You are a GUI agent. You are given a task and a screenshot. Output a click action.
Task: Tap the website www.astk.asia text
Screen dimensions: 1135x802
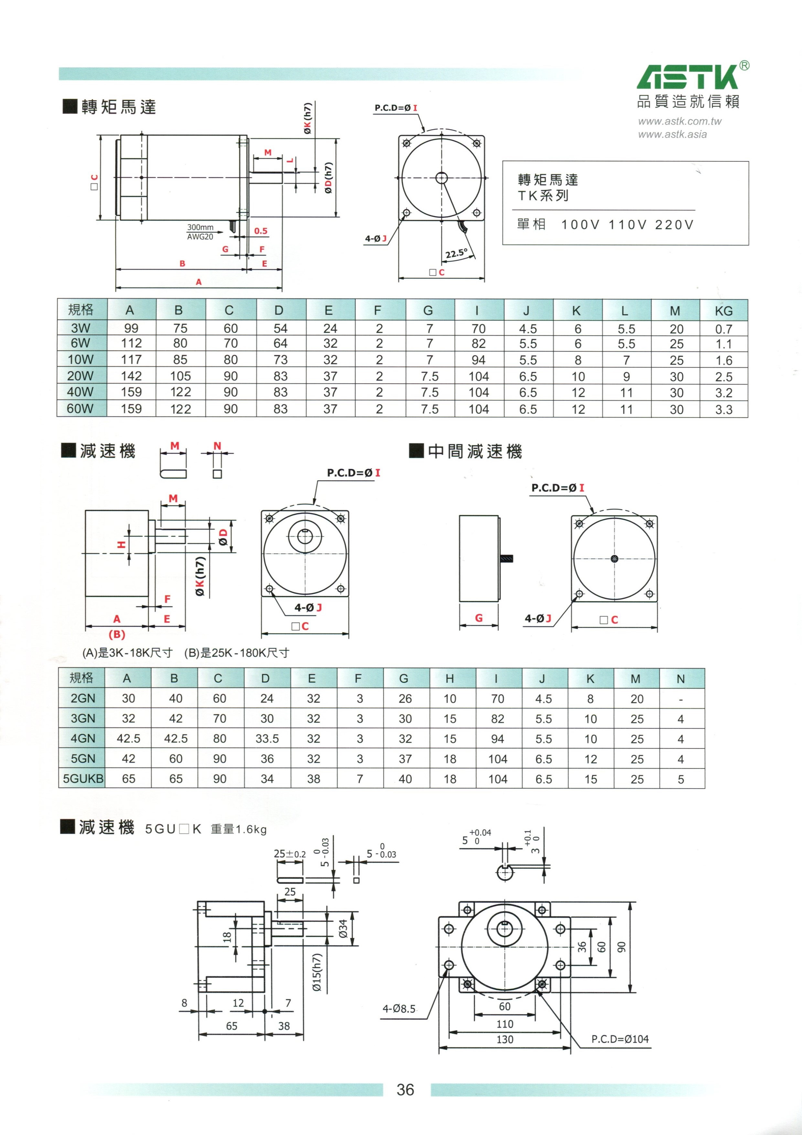(672, 135)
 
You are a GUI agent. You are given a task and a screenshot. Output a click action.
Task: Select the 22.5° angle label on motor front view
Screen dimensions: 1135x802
(456, 253)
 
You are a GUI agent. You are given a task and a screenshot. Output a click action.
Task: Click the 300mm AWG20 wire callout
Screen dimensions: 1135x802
(200, 232)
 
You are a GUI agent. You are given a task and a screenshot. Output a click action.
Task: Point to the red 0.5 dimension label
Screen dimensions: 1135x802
(260, 231)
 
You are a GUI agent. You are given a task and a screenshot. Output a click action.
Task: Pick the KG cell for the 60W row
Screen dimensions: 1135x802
(723, 409)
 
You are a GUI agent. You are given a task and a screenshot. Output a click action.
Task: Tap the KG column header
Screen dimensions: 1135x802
(723, 311)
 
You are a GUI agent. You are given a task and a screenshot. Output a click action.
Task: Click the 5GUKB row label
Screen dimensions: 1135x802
(83, 779)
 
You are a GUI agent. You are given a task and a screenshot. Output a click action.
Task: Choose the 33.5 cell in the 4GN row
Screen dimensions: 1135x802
(267, 738)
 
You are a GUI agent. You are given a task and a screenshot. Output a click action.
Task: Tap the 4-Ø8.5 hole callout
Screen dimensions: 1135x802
(399, 1008)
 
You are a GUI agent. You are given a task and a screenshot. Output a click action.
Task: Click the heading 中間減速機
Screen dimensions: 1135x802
(475, 451)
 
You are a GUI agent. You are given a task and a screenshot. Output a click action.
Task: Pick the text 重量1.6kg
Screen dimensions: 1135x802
(239, 829)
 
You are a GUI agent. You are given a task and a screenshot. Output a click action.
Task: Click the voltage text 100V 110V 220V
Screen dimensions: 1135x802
(627, 225)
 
